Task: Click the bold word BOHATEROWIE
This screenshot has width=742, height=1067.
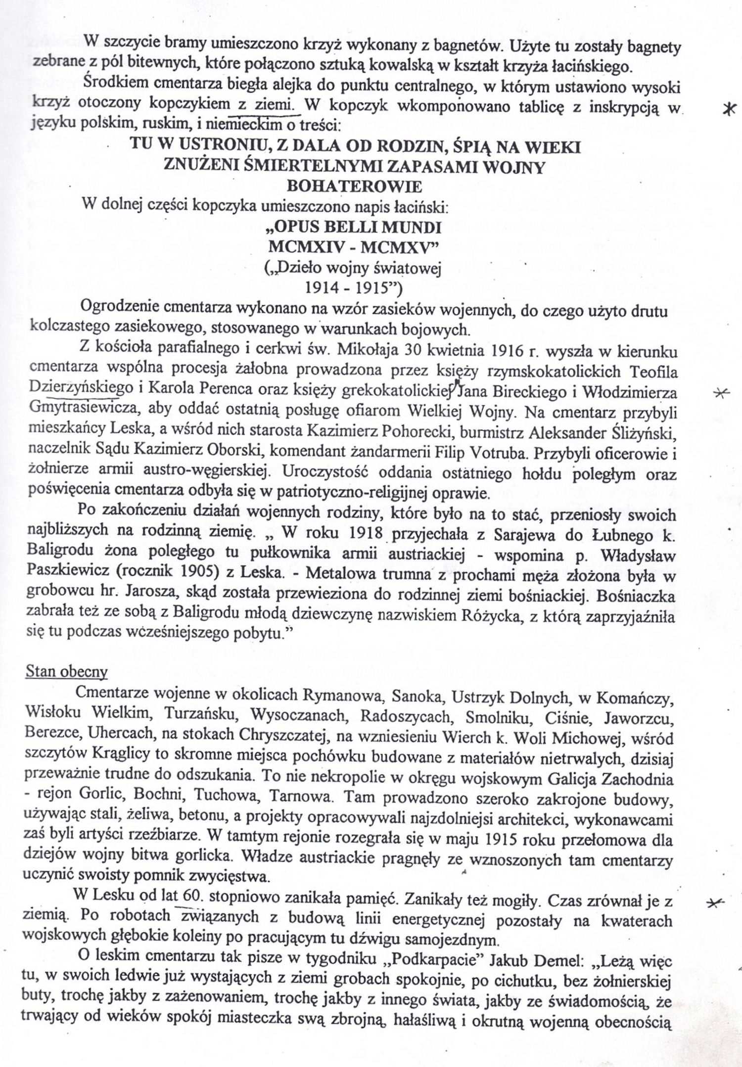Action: coord(354,186)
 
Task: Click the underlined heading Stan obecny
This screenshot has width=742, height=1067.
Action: coord(66,671)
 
